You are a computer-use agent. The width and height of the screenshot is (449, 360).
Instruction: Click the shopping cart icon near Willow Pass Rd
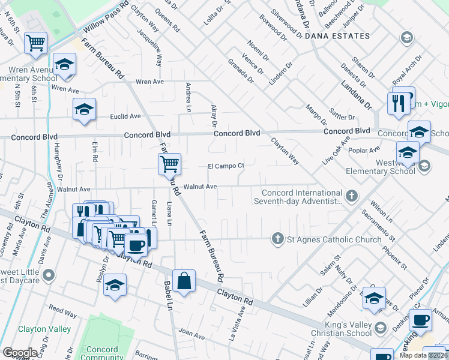tap(35, 43)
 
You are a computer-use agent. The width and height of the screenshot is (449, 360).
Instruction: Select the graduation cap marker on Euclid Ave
tap(84, 109)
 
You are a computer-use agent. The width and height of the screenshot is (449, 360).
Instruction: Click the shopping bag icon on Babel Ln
tap(185, 281)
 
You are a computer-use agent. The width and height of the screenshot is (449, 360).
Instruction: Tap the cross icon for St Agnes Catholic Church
tap(277, 239)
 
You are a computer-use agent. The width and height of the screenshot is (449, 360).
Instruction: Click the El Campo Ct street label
tap(226, 166)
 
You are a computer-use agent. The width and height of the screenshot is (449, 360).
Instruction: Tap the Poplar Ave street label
tap(367, 150)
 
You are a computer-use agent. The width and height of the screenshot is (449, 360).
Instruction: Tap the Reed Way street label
tap(62, 313)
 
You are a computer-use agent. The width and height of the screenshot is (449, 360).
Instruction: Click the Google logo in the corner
tap(19, 353)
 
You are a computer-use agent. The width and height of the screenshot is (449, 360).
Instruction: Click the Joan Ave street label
tap(191, 332)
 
